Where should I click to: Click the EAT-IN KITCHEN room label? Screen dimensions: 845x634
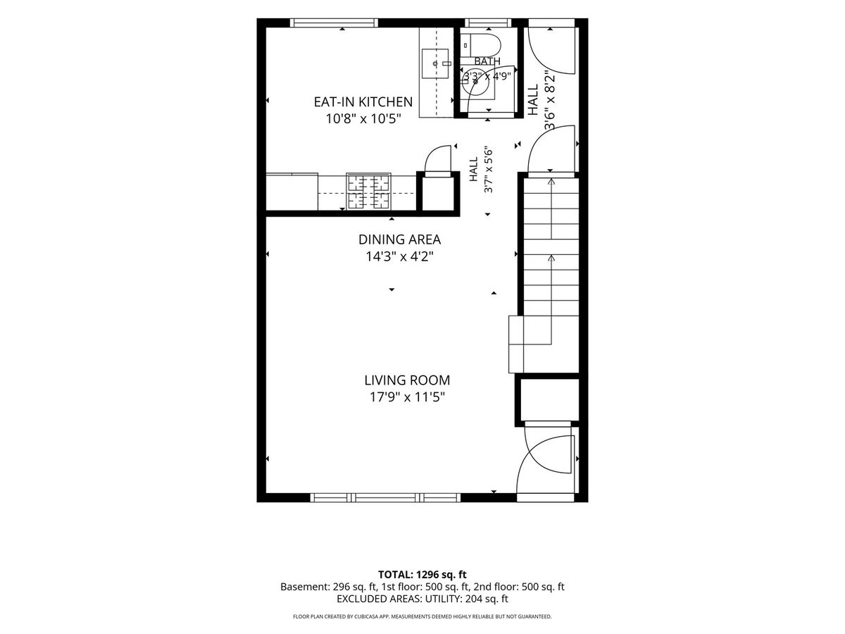click(x=363, y=102)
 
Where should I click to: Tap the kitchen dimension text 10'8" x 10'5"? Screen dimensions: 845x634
click(x=363, y=118)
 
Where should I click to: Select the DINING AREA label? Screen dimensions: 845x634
click(x=399, y=240)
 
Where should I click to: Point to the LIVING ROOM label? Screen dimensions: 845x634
click(x=407, y=380)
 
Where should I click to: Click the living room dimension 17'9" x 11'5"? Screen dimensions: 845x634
click(x=407, y=397)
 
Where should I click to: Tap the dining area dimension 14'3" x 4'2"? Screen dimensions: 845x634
click(x=399, y=256)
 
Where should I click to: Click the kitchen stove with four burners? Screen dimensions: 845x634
click(x=368, y=192)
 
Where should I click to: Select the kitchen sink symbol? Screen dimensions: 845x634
click(x=435, y=63)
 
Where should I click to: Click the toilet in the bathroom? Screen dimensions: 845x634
click(x=480, y=45)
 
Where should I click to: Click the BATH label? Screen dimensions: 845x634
click(x=487, y=61)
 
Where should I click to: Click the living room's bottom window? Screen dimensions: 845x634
click(x=385, y=498)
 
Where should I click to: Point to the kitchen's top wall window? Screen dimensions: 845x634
click(x=334, y=23)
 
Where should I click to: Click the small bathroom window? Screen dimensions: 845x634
click(x=488, y=23)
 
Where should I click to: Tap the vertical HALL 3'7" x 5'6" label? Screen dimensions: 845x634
click(x=481, y=169)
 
